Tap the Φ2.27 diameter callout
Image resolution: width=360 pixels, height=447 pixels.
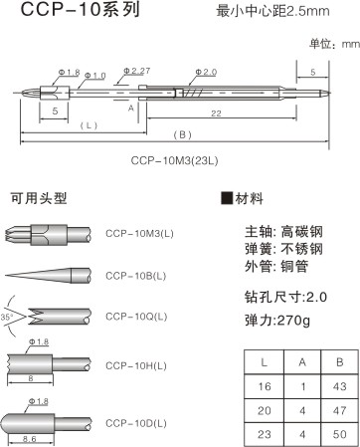click(136, 72)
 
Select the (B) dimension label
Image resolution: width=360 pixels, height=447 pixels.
click(182, 133)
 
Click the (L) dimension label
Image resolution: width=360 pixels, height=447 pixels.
click(89, 124)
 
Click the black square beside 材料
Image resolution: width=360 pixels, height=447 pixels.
click(225, 197)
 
